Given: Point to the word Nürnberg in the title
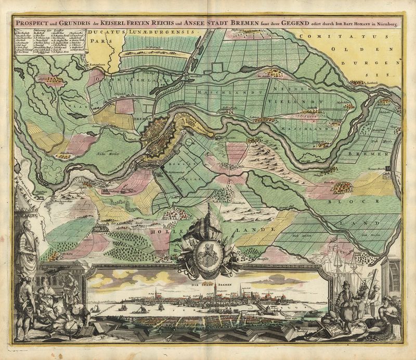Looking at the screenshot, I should pos(384,24).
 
